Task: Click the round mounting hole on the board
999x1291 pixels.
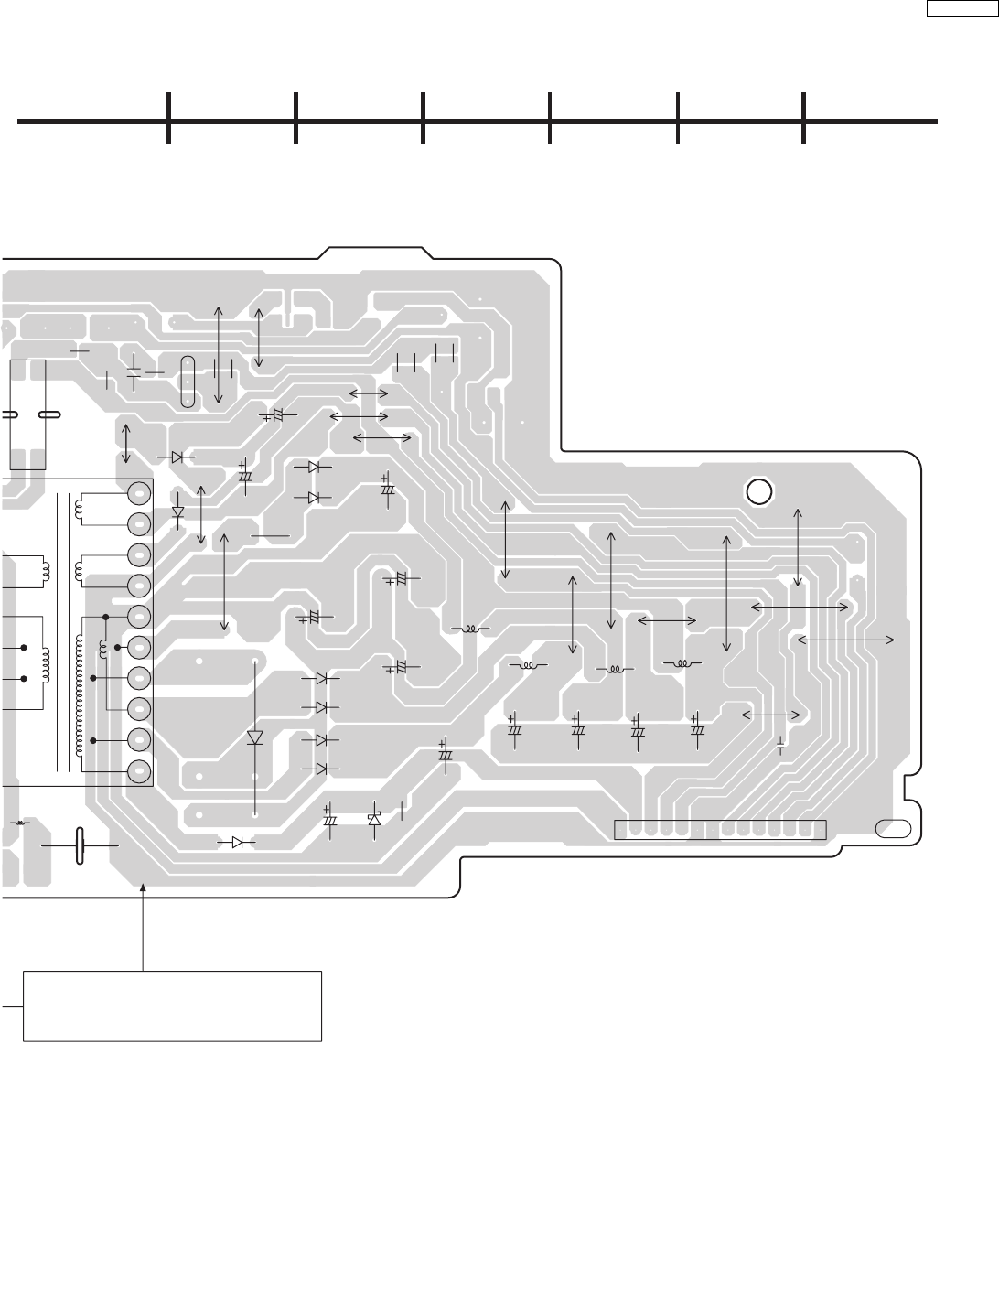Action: (758, 491)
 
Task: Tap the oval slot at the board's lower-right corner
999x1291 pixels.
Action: (893, 829)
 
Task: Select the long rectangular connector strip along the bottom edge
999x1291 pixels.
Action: (720, 830)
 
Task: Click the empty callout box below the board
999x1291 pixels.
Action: (172, 1006)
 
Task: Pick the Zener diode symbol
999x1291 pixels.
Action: (373, 820)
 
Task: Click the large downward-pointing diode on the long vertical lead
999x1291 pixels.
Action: (255, 737)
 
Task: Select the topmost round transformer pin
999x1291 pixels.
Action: (139, 492)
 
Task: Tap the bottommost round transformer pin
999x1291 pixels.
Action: (139, 771)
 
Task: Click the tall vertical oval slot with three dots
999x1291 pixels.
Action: (188, 382)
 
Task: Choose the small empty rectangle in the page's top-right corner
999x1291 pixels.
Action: (959, 9)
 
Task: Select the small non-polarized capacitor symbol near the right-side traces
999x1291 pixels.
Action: (780, 745)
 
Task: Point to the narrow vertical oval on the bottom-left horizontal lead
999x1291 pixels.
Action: (80, 846)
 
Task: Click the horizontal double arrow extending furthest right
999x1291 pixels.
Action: (846, 640)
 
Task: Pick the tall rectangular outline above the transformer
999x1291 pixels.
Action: (27, 414)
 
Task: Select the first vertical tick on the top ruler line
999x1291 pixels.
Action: (169, 118)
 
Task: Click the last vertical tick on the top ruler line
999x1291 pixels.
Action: (804, 118)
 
